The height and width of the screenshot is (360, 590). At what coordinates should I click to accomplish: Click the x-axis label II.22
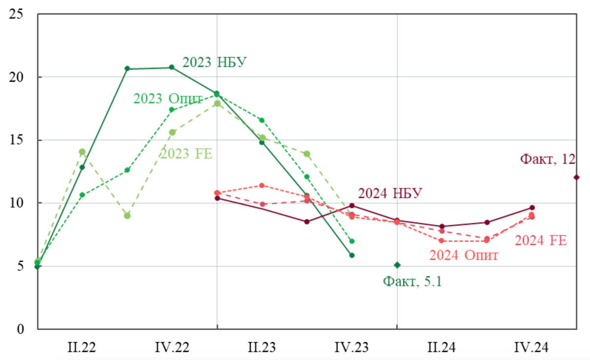pyautogui.click(x=82, y=347)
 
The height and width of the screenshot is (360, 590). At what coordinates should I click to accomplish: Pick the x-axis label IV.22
pyautogui.click(x=172, y=347)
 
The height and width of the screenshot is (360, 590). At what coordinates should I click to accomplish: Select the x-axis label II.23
pyautogui.click(x=262, y=347)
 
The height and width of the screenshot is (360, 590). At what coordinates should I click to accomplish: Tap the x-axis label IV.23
pyautogui.click(x=352, y=347)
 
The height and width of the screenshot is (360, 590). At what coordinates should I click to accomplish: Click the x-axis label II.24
pyautogui.click(x=442, y=347)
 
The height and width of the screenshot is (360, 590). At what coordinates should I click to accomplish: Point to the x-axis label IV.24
pyautogui.click(x=531, y=347)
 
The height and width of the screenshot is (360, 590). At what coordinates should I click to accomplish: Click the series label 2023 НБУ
pyautogui.click(x=214, y=62)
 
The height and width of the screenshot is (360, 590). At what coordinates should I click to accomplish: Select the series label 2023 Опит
pyautogui.click(x=168, y=98)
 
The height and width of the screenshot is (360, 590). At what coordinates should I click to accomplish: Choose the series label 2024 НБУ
pyautogui.click(x=390, y=193)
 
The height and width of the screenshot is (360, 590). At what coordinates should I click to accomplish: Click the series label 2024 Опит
pyautogui.click(x=464, y=255)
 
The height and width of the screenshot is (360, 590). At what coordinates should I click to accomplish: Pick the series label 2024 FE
pyautogui.click(x=541, y=240)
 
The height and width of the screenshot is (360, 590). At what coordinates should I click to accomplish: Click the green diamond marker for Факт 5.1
pyautogui.click(x=397, y=265)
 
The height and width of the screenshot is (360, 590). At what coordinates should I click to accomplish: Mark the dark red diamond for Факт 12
pyautogui.click(x=576, y=177)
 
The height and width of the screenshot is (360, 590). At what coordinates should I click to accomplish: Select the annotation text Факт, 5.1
pyautogui.click(x=412, y=282)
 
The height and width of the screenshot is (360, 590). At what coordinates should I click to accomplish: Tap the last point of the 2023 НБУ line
pyautogui.click(x=352, y=255)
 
